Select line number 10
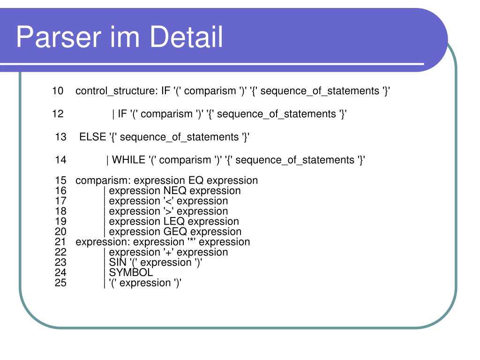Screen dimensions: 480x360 (58, 91)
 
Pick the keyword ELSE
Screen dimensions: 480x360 (93, 137)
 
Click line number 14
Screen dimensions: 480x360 (60, 160)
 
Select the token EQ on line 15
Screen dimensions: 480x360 (196, 180)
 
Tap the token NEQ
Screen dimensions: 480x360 (175, 191)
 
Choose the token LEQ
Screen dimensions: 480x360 (174, 221)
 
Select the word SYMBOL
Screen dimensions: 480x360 (131, 273)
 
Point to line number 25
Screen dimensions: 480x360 (60, 283)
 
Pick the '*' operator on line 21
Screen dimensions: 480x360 (191, 242)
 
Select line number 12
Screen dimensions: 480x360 (58, 114)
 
